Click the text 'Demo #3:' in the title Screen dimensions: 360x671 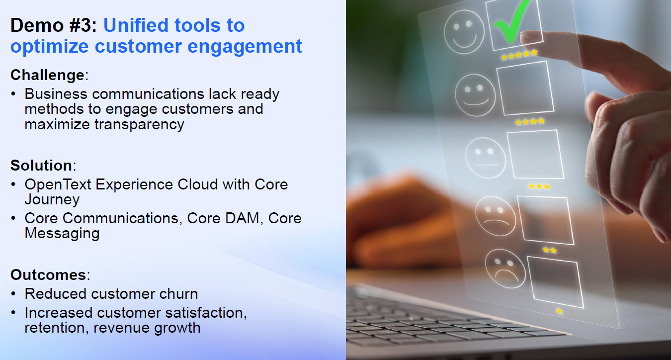[54, 25]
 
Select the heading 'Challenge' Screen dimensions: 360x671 [47, 75]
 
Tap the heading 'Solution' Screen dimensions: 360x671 [41, 166]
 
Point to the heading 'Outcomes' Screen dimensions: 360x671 [48, 275]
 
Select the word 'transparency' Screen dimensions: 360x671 [139, 124]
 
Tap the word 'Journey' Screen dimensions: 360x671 [52, 199]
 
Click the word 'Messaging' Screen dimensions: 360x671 [62, 233]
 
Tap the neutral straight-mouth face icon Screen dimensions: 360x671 [485, 157]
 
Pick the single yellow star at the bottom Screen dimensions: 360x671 [559, 311]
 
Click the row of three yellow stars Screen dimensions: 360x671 [539, 186]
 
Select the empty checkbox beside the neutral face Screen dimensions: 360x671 [535, 154]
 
